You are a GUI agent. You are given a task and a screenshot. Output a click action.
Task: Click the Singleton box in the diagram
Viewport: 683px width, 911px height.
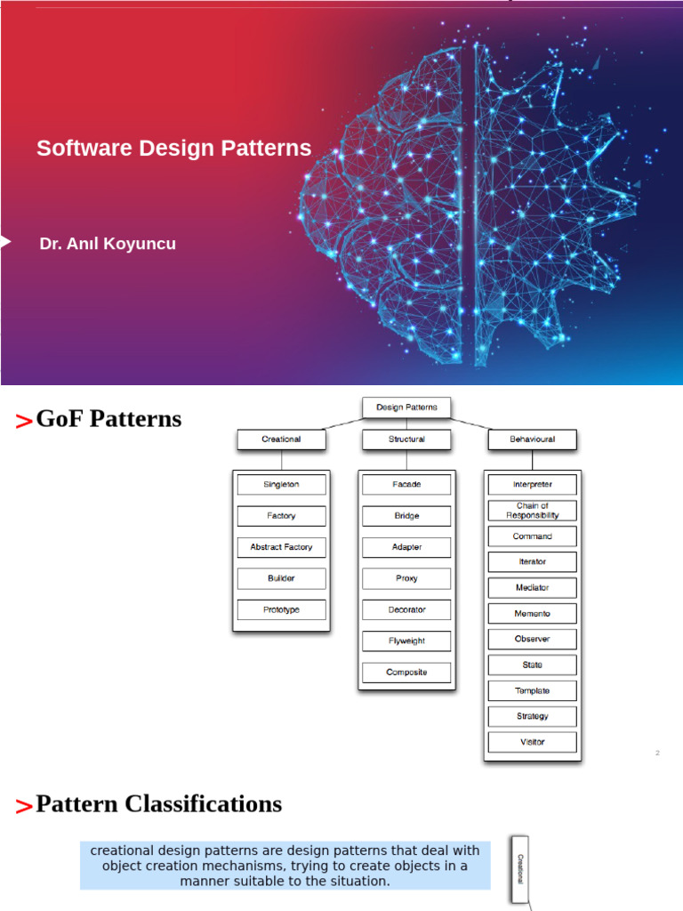[281, 485]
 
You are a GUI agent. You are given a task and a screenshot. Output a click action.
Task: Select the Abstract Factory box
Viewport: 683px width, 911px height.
[281, 547]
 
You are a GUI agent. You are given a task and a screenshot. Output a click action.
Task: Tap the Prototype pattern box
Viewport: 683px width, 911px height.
[281, 609]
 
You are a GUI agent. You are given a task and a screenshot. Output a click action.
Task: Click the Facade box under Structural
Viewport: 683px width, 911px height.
[406, 485]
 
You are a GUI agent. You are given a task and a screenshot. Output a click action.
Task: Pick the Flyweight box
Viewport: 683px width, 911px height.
[406, 641]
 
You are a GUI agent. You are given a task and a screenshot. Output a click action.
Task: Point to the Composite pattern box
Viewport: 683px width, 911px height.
[406, 673]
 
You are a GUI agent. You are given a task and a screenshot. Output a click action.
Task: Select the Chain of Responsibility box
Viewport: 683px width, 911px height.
[532, 511]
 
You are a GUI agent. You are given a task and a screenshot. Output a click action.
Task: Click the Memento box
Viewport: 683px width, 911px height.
[532, 614]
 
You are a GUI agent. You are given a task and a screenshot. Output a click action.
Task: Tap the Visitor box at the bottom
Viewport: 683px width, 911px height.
[532, 742]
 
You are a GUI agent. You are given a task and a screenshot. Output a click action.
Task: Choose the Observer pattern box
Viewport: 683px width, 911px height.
[532, 639]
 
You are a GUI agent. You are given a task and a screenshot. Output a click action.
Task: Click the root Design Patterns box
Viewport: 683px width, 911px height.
[406, 407]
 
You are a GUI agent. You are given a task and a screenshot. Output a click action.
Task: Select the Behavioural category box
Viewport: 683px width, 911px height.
[532, 439]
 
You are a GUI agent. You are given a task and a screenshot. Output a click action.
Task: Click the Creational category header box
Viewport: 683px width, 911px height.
[281, 439]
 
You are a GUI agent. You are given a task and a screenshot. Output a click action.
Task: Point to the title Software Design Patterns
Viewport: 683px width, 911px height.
[173, 149]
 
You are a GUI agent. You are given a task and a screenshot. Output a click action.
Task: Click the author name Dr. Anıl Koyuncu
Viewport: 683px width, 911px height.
[108, 244]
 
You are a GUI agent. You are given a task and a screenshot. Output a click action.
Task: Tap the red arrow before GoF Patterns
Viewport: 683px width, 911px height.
[24, 422]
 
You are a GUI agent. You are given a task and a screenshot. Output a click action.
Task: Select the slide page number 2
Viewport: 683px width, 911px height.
[657, 754]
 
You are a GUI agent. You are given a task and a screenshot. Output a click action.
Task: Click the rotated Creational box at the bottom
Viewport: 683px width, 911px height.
[520, 868]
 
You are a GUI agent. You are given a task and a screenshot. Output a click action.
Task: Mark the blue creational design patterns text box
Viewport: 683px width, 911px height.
[285, 866]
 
